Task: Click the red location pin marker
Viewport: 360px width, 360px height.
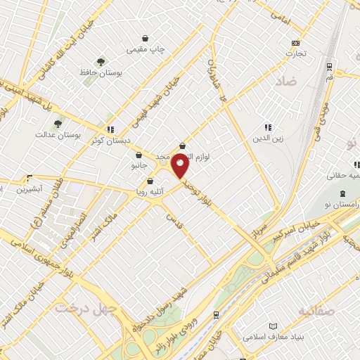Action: (x=180, y=166)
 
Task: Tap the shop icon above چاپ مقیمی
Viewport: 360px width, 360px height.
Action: (x=146, y=38)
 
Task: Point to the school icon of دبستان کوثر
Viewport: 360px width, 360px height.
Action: (x=110, y=129)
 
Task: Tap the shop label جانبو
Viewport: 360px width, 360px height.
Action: (x=140, y=166)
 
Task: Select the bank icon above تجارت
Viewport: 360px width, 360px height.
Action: (x=295, y=42)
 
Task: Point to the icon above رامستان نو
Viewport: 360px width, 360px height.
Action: (x=342, y=194)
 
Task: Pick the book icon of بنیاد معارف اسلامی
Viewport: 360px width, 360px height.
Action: (x=273, y=326)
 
